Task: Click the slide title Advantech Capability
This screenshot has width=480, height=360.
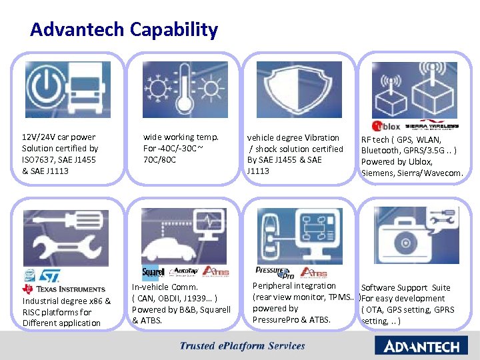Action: coord(124,29)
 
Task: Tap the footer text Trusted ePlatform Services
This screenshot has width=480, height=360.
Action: coord(242,346)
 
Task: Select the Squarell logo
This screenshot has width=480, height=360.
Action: coord(153,273)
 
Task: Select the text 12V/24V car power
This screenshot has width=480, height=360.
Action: coord(59,137)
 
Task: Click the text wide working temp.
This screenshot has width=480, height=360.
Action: coord(181,137)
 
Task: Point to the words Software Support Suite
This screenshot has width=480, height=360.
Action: coord(405,287)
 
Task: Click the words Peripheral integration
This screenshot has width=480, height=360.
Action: coord(294,285)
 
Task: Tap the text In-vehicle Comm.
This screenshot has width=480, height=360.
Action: coord(165,287)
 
